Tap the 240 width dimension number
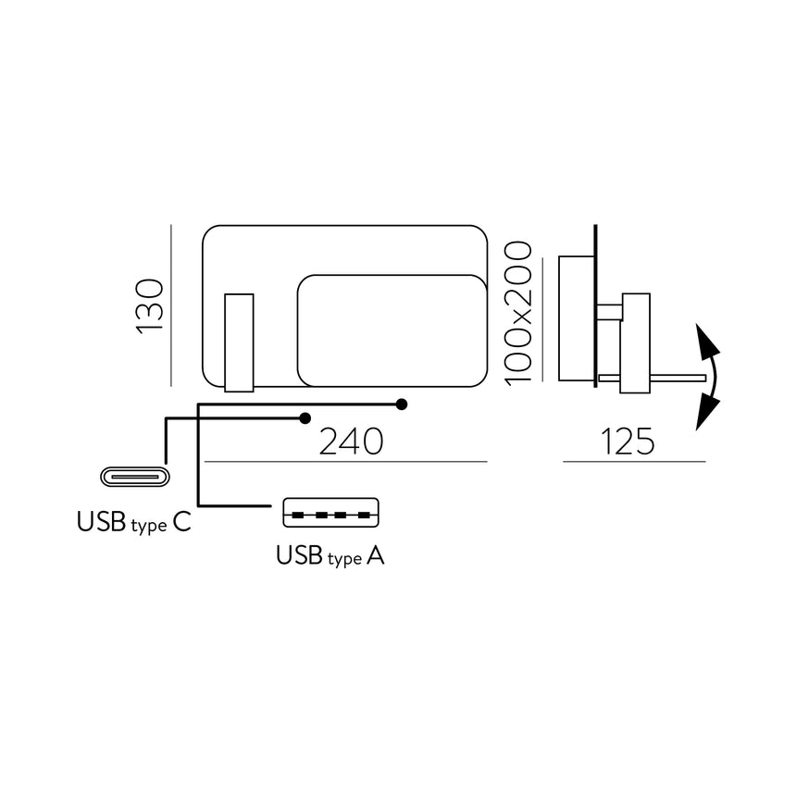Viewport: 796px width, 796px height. [x=351, y=442]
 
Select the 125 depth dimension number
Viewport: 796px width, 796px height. [x=628, y=442]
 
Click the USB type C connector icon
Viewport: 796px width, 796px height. [x=135, y=478]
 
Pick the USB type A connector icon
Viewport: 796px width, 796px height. [x=330, y=514]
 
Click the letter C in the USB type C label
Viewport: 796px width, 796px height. [x=181, y=523]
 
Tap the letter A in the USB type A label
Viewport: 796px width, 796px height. [x=375, y=556]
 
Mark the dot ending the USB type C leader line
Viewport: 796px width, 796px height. [x=305, y=418]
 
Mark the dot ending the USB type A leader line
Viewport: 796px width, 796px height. [x=401, y=404]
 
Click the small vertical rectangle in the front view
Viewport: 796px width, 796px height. [x=239, y=342]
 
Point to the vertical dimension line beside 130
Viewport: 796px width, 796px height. [x=172, y=305]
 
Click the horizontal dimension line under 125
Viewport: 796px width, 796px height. [x=634, y=461]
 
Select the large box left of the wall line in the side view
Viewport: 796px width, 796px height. [x=576, y=317]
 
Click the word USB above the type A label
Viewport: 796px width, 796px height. [x=299, y=556]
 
